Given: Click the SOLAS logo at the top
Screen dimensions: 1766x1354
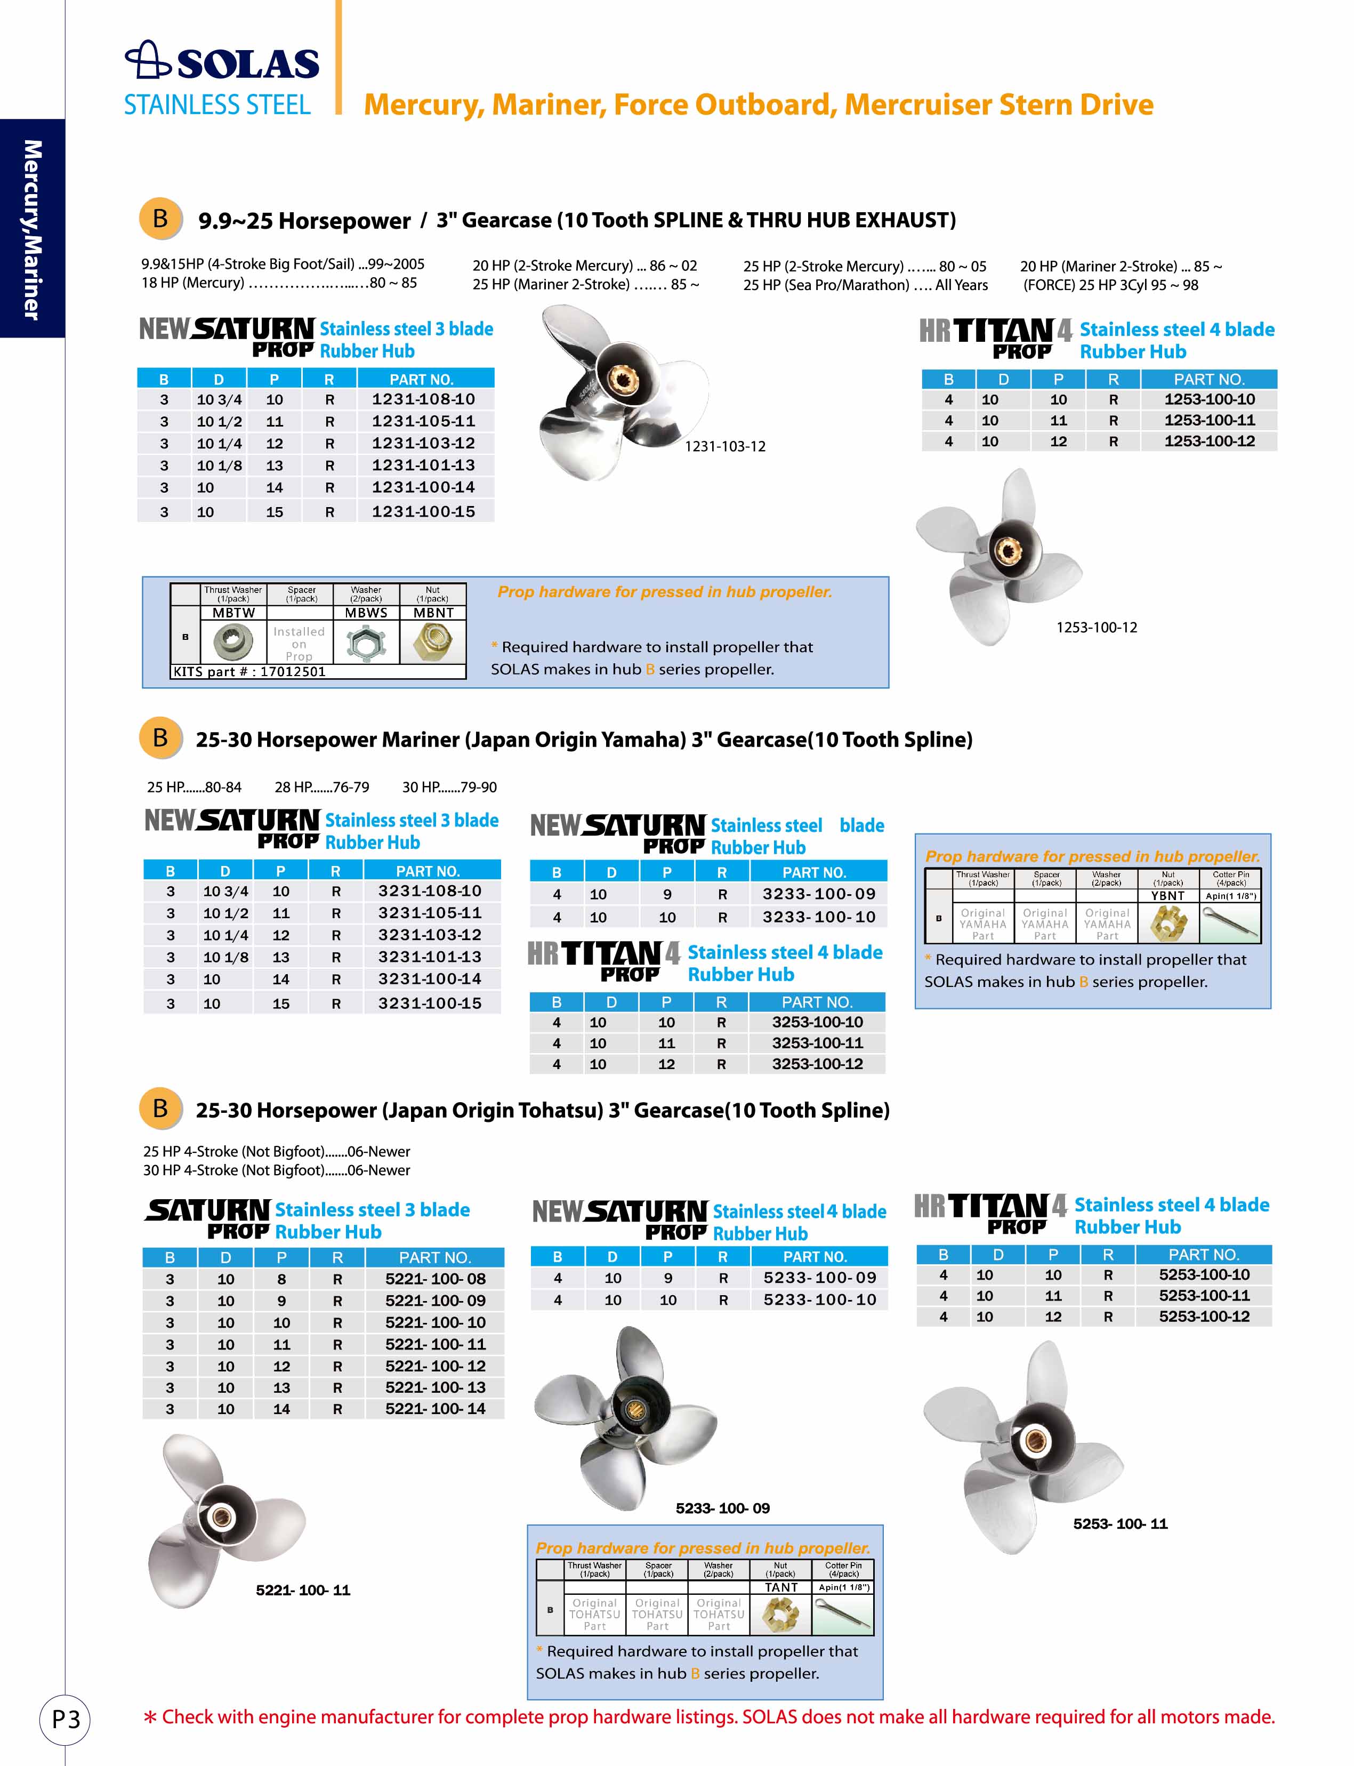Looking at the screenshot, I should click(x=222, y=62).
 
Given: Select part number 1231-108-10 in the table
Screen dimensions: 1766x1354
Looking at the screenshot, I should click(x=423, y=399).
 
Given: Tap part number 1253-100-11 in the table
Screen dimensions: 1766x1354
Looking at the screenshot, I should click(x=1209, y=420).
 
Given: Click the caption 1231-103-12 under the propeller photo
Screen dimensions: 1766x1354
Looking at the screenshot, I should click(x=724, y=446).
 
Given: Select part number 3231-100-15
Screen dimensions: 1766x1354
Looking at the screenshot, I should click(x=430, y=1004).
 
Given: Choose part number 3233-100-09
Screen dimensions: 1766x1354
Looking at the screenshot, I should click(x=818, y=894).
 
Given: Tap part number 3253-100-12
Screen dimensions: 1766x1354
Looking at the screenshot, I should click(x=817, y=1064).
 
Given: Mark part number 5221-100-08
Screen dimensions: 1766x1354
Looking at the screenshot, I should click(x=435, y=1279).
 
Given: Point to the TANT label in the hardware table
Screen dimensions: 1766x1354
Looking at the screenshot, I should click(x=781, y=1587).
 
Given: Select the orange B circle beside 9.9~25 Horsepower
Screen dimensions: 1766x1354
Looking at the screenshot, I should click(x=160, y=219).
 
